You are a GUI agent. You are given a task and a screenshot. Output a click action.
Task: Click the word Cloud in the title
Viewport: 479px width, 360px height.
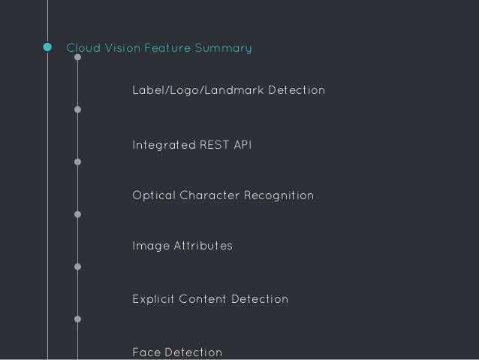(82, 49)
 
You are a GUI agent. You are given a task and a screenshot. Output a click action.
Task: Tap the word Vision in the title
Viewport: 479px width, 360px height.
(121, 49)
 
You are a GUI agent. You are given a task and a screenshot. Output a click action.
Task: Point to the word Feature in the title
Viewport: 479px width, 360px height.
(167, 49)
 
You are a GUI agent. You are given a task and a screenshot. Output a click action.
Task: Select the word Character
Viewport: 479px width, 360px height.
(210, 196)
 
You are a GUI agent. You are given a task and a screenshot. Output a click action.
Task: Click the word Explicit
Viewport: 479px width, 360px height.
(155, 299)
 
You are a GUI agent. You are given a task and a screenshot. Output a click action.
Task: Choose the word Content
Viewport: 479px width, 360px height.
(206, 299)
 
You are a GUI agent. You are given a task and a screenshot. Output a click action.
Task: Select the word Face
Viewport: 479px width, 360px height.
(146, 352)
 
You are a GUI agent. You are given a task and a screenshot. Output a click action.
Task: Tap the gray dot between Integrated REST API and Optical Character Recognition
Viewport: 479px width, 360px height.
(77, 162)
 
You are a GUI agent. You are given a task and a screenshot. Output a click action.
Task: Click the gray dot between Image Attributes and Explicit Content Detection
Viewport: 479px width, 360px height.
(77, 267)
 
